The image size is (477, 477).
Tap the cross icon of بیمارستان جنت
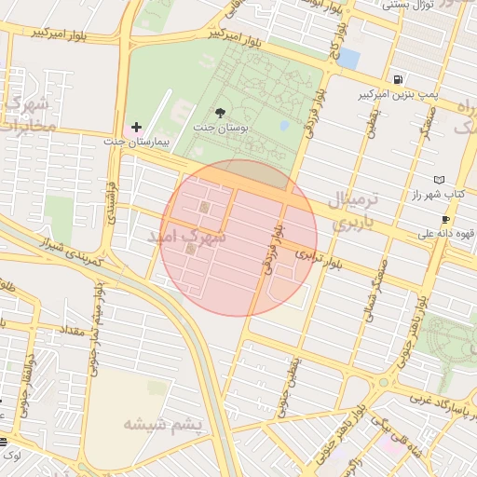[x=136, y=127]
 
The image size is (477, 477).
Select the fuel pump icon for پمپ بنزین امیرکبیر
[x=399, y=80]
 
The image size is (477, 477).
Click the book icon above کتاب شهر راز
[x=440, y=179]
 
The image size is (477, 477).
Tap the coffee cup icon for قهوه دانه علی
[x=445, y=220]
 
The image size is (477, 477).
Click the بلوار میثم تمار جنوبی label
[x=96, y=326]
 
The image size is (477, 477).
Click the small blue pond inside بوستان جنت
[x=284, y=125]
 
